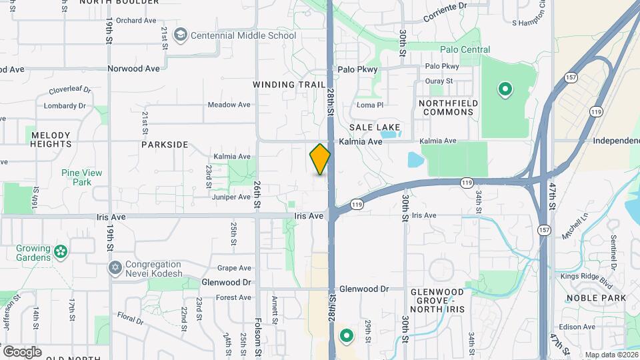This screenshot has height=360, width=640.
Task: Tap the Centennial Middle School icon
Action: click(180, 35)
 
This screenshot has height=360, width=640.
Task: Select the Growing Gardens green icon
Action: click(61, 252)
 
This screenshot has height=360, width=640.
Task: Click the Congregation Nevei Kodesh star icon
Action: click(115, 268)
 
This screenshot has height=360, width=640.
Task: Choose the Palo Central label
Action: click(465, 49)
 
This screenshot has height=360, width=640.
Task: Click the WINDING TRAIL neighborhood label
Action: click(289, 85)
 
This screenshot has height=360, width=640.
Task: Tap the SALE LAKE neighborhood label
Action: click(375, 127)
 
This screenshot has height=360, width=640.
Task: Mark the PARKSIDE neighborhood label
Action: click(165, 144)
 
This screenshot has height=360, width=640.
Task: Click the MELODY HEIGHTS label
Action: click(51, 139)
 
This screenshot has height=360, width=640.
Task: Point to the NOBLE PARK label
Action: click(596, 297)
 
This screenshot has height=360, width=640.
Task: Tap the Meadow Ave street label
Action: click(229, 105)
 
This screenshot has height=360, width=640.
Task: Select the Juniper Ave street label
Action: click(232, 197)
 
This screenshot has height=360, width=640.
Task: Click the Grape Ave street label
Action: click(234, 268)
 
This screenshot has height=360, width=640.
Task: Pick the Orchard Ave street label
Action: click(136, 21)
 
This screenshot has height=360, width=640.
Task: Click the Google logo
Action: click(22, 351)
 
